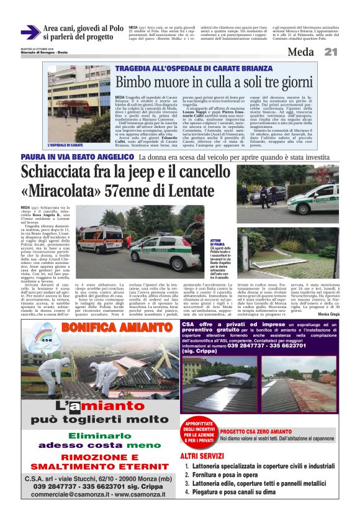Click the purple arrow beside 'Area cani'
coord(30,32)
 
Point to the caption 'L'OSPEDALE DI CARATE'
coord(65,144)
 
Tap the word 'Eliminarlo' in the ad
coord(91,436)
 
